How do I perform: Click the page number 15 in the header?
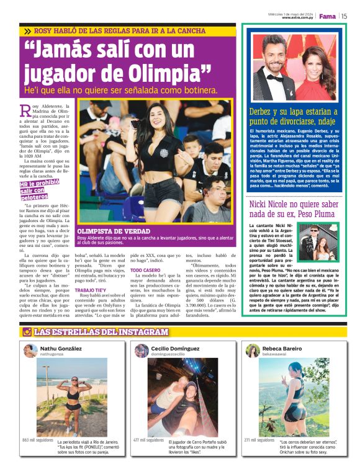coord(344,16)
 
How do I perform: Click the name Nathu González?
coord(61,349)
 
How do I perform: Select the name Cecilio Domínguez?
coord(176,349)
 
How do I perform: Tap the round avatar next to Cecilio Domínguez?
coord(142,351)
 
